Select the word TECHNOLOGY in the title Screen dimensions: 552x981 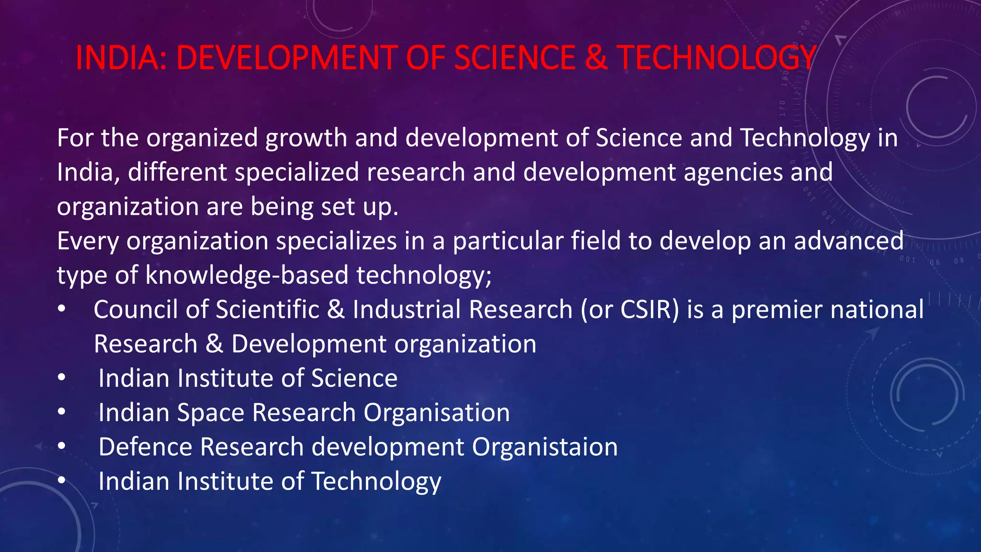[716, 58]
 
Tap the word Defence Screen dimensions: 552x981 [145, 447]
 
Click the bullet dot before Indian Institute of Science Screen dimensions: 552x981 [61, 378]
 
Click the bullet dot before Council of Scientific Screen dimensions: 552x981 [61, 310]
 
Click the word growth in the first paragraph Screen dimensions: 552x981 [306, 138]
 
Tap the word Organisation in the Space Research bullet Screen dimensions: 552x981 [436, 413]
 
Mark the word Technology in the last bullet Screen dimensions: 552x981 [376, 482]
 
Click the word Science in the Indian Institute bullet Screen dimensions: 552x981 [354, 379]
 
